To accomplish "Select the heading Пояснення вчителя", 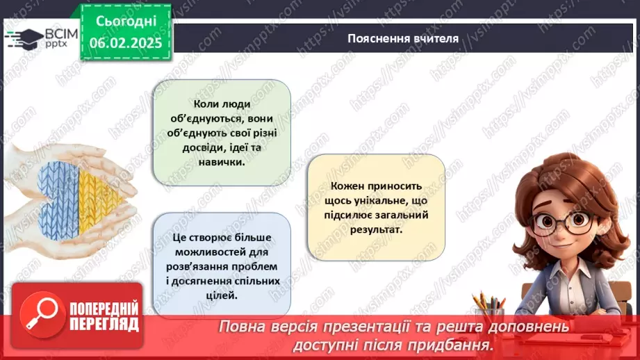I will tap(403, 38).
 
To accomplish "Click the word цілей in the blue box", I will tap(222, 295).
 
